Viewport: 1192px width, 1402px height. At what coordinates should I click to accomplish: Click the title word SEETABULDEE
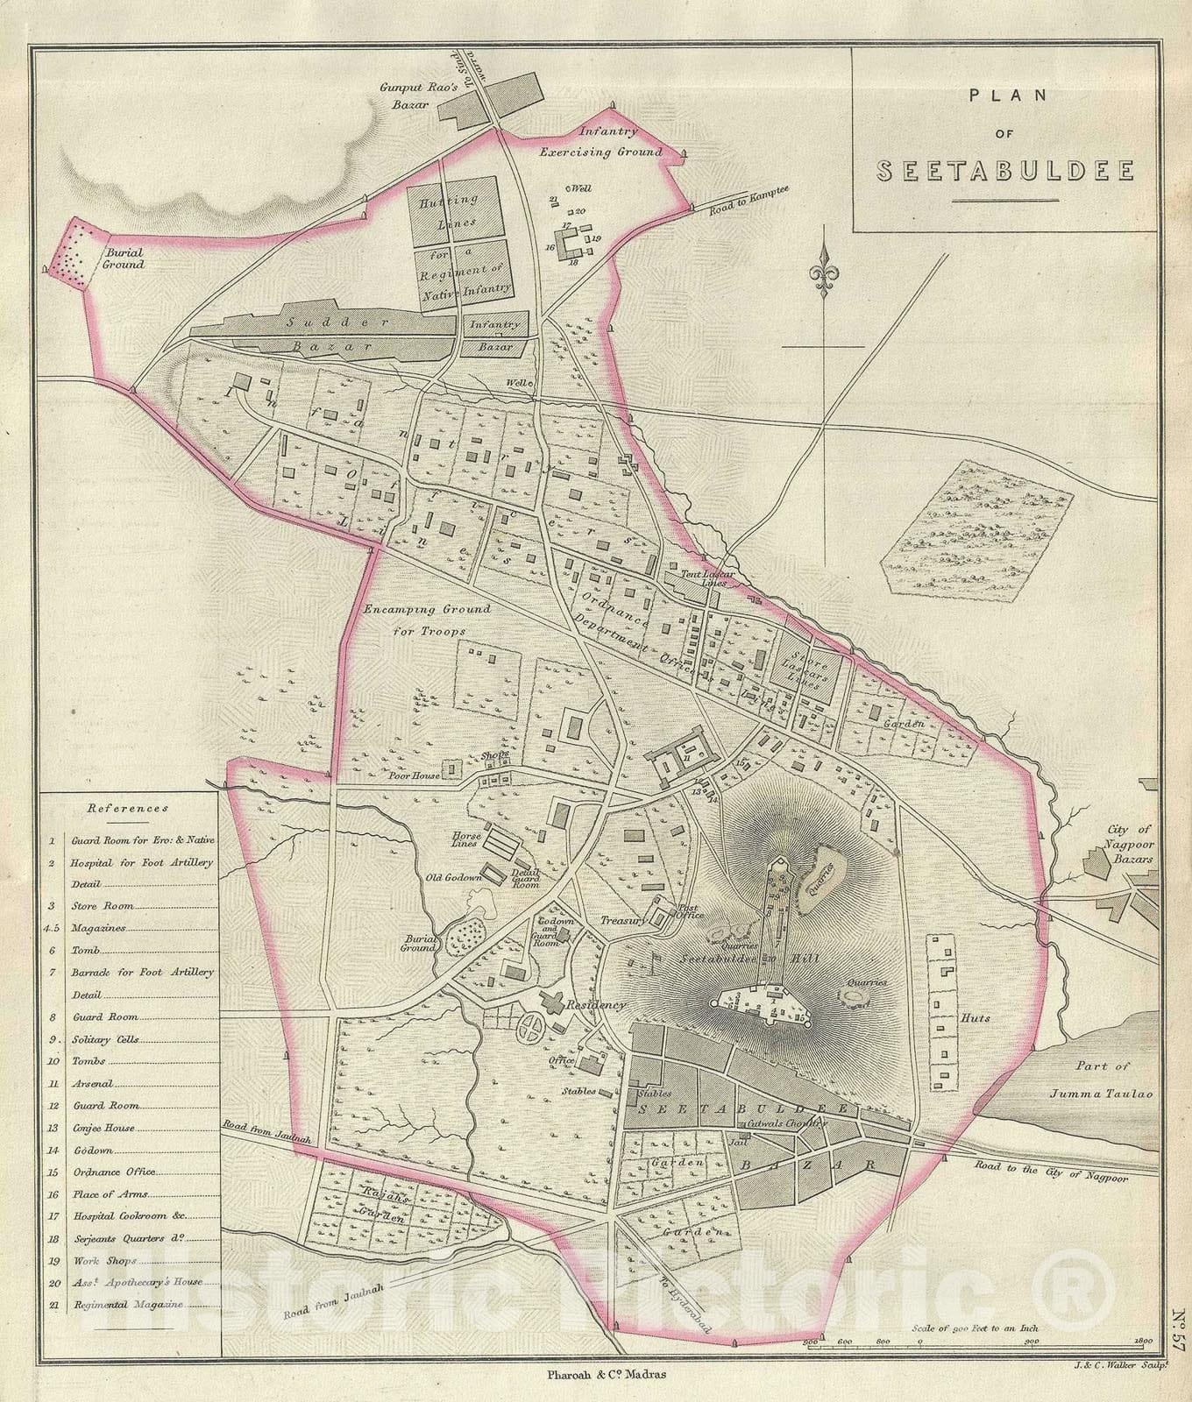click(x=1006, y=170)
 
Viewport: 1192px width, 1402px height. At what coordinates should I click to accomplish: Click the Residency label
click(x=597, y=1005)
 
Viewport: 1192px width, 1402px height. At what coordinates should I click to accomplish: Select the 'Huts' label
click(x=975, y=1019)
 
